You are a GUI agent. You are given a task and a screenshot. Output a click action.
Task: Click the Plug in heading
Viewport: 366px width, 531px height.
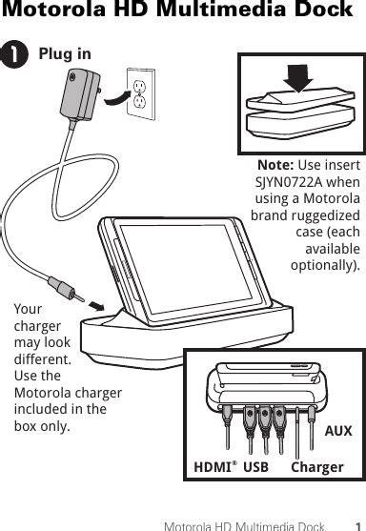65,54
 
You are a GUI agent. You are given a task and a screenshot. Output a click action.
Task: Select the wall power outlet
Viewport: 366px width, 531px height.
141,92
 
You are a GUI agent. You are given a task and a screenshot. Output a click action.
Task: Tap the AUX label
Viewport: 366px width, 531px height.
337,432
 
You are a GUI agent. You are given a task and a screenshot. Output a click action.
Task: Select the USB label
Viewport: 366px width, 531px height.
255,467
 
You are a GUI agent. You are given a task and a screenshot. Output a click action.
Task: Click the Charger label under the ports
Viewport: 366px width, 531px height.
317,467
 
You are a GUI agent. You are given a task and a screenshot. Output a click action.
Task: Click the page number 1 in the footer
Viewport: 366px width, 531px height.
356,524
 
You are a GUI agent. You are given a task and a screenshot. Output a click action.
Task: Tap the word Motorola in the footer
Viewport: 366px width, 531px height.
190,524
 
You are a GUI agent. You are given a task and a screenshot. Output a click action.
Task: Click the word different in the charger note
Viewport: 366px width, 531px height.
42,360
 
